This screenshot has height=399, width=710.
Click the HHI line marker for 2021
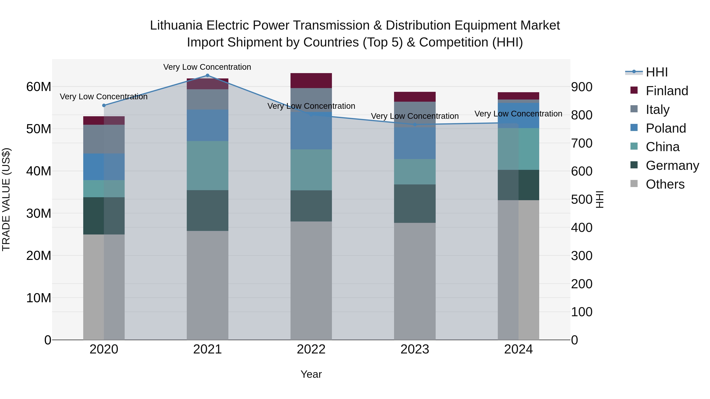pos(207,75)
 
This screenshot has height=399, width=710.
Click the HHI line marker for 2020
pos(104,105)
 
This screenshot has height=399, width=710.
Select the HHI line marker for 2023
pos(415,125)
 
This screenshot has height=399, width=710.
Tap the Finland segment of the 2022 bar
pos(311,81)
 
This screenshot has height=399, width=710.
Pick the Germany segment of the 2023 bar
pos(415,204)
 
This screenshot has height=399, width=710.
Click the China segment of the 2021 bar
pos(207,166)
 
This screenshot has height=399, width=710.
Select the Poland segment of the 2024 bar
pos(518,116)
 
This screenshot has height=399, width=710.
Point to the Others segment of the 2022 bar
pos(311,281)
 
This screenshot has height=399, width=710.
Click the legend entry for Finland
pos(667,91)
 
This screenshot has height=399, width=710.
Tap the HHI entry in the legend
pos(657,72)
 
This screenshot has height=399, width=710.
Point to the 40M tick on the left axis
pos(39,171)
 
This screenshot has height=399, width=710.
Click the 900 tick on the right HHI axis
pos(582,87)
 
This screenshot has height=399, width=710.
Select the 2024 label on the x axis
pos(518,349)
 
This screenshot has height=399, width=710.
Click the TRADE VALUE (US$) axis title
pos(6,199)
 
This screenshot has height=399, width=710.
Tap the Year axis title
pos(311,374)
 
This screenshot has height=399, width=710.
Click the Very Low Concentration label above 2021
pos(207,67)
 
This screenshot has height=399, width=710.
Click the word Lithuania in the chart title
pos(176,25)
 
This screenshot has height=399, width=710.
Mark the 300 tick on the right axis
pos(582,256)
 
